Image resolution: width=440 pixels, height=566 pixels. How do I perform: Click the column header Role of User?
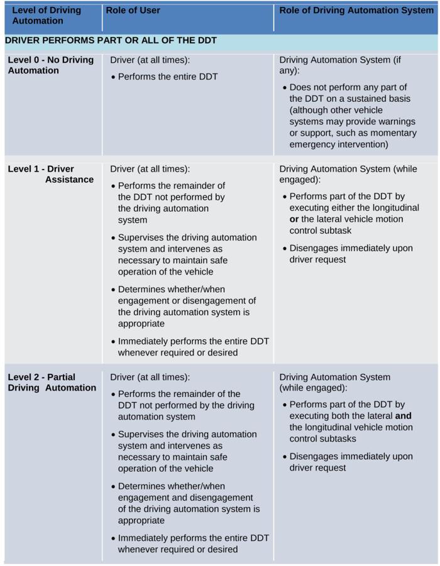pos(133,10)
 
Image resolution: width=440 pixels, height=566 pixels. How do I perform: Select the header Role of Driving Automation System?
pos(356,10)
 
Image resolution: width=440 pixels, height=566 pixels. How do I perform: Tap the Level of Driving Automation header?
pos(47,15)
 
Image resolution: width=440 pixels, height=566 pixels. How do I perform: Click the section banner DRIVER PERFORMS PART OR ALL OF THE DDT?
pos(111,40)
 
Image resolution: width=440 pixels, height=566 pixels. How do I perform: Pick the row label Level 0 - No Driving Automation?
pos(50,65)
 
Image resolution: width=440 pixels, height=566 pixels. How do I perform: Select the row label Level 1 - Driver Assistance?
pos(50,174)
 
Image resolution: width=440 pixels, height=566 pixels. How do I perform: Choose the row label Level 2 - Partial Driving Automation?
pos(52,383)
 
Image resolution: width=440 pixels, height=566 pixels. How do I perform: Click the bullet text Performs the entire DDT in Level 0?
pos(168,77)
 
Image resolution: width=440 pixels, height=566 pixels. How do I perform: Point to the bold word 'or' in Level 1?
pos(294,219)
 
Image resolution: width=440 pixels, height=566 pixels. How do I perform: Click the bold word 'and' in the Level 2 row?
pos(403,416)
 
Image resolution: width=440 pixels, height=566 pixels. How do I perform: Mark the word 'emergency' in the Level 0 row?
pos(311,144)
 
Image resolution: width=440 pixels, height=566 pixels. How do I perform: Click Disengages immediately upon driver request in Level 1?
pos(351,254)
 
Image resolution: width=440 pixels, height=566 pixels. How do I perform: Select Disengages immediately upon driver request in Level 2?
pos(351,462)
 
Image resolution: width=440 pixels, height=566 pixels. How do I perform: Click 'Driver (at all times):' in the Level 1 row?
pos(150,169)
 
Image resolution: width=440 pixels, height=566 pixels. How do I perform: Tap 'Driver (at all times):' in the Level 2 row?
pos(150,377)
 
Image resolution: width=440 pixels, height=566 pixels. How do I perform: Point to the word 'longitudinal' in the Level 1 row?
pos(393,208)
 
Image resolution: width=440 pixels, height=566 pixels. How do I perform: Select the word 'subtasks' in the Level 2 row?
pos(337,438)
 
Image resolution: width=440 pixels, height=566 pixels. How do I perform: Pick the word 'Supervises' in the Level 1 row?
pos(141,237)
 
